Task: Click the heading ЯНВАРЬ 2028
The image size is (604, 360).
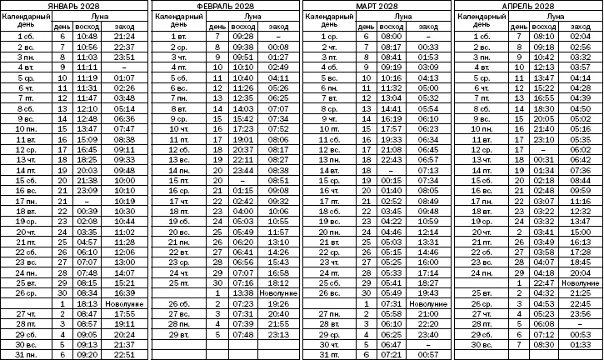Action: coord(76,6)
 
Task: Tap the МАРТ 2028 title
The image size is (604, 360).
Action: coord(377,6)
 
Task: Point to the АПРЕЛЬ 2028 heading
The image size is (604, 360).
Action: coord(527,6)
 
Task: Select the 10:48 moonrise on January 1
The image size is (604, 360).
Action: coord(87,37)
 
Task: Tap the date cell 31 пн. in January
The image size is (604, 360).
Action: coord(29,354)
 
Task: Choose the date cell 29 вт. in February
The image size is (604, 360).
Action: coord(179,334)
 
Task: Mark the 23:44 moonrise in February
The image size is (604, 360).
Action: coord(239,169)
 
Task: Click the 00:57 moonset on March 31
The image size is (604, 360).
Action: coord(428,354)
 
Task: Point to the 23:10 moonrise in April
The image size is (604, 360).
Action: coord(543,138)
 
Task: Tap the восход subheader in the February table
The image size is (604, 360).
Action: coord(239,27)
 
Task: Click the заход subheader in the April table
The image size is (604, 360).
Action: coord(579,27)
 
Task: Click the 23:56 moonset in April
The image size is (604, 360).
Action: coord(579,314)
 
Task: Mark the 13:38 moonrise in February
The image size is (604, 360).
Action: coord(239,293)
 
